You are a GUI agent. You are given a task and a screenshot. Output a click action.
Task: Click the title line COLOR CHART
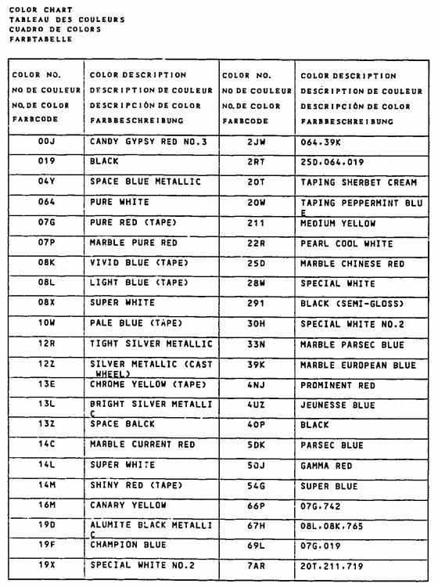click(40, 10)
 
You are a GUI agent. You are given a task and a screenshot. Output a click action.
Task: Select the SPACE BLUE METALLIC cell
click(145, 182)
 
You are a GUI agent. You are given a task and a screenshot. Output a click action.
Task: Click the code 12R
click(45, 344)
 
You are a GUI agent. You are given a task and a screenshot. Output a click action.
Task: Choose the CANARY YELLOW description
click(127, 505)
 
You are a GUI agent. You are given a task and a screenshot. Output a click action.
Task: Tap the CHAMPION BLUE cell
click(127, 544)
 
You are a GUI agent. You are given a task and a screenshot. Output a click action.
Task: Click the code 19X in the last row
click(45, 564)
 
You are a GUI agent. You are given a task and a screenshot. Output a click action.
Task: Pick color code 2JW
click(257, 142)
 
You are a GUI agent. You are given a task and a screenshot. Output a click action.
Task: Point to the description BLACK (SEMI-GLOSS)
click(348, 303)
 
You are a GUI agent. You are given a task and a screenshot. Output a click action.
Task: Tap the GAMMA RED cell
click(327, 466)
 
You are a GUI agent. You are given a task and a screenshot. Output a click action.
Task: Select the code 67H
click(257, 526)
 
